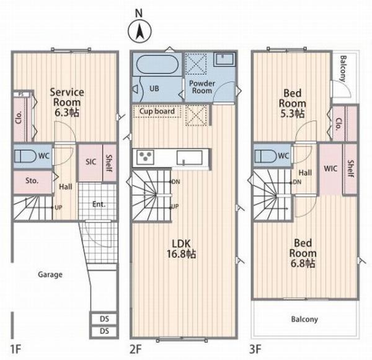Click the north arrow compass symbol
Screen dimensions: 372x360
click(139, 31)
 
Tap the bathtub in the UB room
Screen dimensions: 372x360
click(157, 64)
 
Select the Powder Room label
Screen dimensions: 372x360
click(202, 87)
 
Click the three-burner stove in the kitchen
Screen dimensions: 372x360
click(145, 157)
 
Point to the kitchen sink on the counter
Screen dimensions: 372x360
click(190, 158)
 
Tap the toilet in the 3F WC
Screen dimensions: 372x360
click(266, 156)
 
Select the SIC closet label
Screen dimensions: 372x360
click(91, 162)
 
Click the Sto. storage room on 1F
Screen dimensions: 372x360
click(33, 181)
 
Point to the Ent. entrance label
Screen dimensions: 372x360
click(99, 204)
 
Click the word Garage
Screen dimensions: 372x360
click(50, 274)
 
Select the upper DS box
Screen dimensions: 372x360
click(104, 318)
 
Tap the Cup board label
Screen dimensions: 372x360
click(157, 112)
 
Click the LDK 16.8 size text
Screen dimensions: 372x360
click(181, 254)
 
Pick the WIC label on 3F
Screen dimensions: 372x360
click(330, 169)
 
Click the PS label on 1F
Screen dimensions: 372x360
click(21, 94)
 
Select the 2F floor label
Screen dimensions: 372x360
click(136, 349)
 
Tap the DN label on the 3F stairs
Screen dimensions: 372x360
click(297, 182)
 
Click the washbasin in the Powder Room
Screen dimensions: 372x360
click(224, 59)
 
